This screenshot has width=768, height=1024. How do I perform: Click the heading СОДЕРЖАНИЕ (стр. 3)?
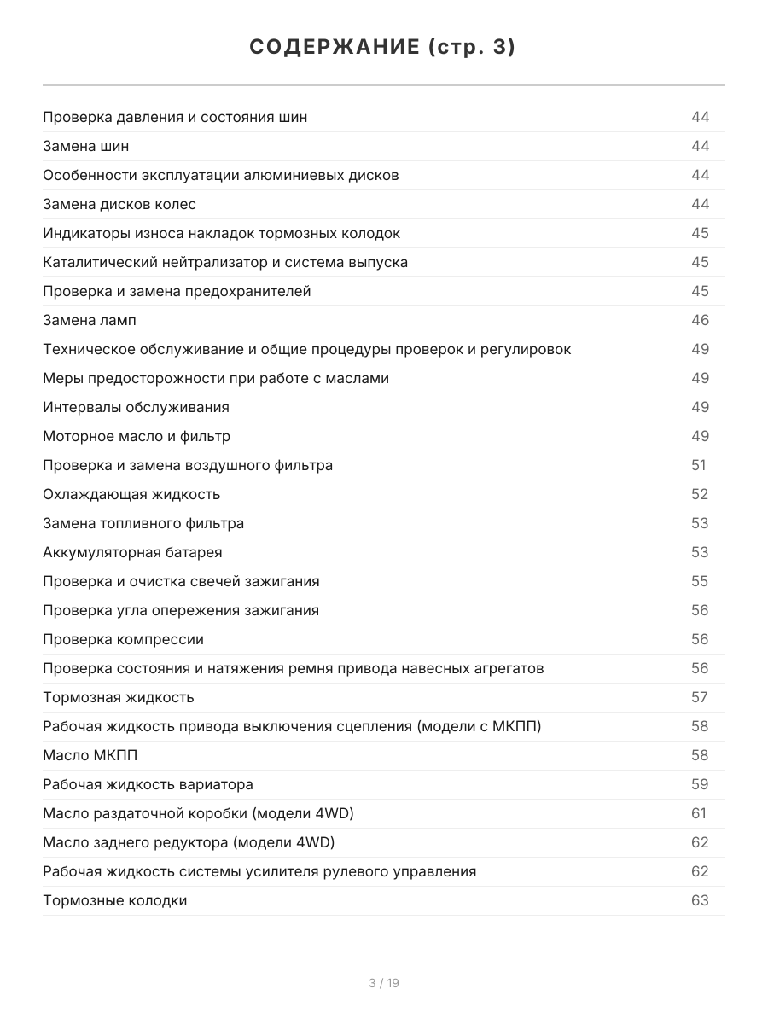[383, 48]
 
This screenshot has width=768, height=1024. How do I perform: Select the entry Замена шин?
[86, 146]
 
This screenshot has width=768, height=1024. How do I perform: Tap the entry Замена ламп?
[90, 320]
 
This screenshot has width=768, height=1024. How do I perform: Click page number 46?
[700, 320]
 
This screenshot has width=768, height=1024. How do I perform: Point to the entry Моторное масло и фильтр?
[137, 436]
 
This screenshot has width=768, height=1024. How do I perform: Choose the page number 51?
[699, 465]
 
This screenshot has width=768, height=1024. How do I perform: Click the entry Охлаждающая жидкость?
[131, 494]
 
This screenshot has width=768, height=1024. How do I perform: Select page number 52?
[700, 494]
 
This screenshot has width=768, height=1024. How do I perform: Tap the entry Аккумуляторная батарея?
[132, 552]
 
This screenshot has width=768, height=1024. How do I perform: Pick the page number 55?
[700, 581]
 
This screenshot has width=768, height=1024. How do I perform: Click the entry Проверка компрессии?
[123, 639]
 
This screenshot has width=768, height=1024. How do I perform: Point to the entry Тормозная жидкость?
[119, 697]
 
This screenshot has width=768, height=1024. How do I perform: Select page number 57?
[700, 697]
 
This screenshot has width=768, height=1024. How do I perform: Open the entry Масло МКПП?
[90, 755]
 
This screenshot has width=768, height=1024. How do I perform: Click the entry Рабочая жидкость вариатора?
[148, 784]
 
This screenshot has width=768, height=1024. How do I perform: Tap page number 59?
[700, 784]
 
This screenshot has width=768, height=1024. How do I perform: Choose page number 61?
[699, 813]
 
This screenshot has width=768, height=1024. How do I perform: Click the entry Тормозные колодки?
[115, 900]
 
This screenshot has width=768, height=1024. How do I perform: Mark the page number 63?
[700, 900]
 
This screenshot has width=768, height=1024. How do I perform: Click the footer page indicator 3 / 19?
[384, 983]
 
